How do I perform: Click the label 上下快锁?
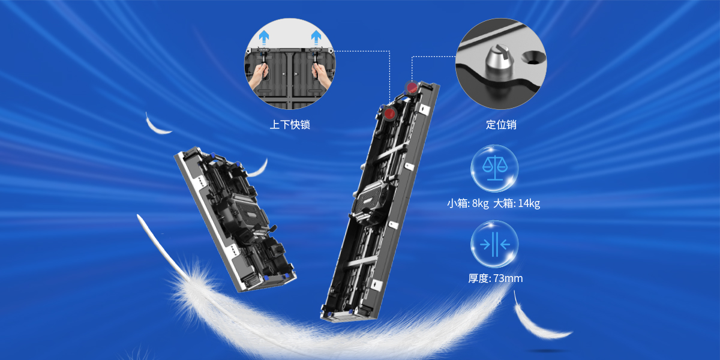click(x=290, y=125)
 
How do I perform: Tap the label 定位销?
click(x=501, y=125)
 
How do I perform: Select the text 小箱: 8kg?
click(x=467, y=203)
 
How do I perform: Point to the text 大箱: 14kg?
click(x=517, y=203)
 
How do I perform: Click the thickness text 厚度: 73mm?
click(x=496, y=278)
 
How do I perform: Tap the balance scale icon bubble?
click(x=494, y=169)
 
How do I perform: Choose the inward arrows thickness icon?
click(x=494, y=244)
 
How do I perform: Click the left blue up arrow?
click(x=264, y=38)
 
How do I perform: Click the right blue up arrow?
click(x=316, y=38)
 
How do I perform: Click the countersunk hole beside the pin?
click(x=533, y=58)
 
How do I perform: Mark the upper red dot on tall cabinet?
click(x=412, y=87)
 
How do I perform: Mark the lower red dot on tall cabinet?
click(x=389, y=113)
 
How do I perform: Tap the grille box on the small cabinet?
click(x=250, y=212)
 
